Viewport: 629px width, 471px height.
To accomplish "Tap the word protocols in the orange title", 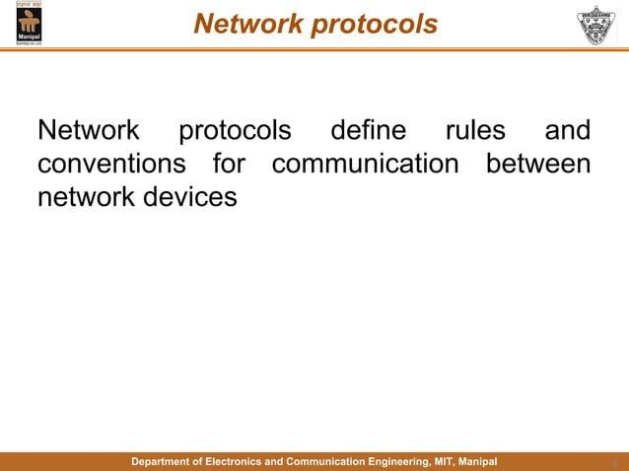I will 374,24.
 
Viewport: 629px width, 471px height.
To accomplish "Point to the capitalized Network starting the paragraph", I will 88,131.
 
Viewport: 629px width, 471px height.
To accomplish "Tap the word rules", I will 475,131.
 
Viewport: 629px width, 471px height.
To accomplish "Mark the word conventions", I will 111,164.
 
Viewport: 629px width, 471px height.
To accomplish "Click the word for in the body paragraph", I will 229,164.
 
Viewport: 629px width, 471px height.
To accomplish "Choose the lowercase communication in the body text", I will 366,164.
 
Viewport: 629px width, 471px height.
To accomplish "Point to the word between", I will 538,164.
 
